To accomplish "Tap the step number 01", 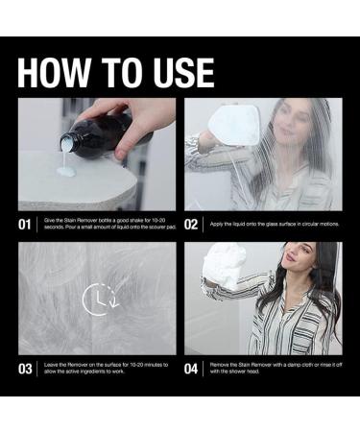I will [26, 226].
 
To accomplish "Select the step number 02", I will [191, 226].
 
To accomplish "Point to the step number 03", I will [26, 369].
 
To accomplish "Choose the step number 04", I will [191, 369].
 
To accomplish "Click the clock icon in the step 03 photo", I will [97, 299].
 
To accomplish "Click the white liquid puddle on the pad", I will [66, 171].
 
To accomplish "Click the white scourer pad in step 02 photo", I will [233, 125].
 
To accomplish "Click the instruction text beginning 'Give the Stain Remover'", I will [106, 226].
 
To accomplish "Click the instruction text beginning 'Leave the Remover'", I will [106, 369].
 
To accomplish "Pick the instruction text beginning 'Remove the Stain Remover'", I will [272, 369].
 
